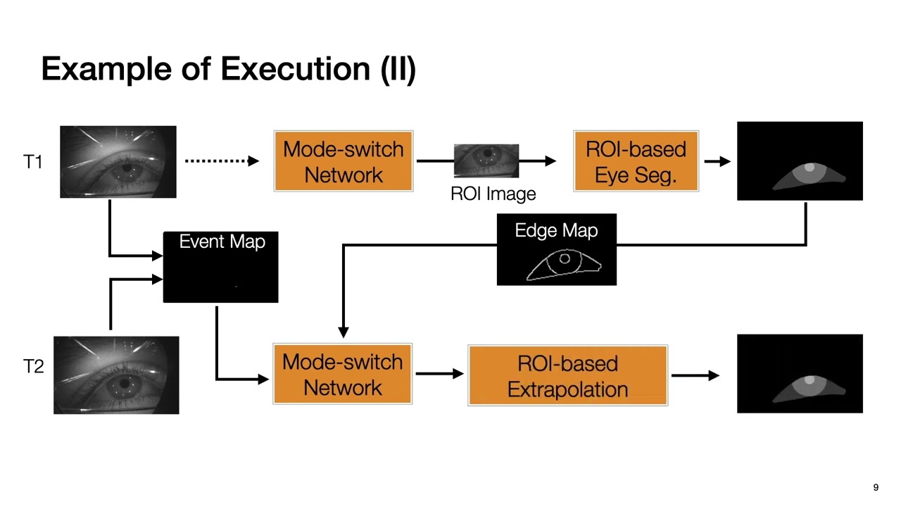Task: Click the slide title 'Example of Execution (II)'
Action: click(228, 69)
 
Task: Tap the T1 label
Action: click(33, 162)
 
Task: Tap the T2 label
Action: click(33, 366)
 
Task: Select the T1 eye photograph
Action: click(118, 162)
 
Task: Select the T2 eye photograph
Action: click(116, 375)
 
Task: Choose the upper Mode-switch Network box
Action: click(344, 161)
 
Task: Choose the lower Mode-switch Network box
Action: click(342, 374)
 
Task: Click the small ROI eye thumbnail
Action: click(486, 161)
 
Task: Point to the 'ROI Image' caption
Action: click(493, 194)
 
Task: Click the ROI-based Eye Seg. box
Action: click(636, 161)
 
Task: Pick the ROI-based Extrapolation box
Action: click(567, 375)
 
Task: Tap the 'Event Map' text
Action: click(222, 242)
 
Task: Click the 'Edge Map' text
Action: click(556, 230)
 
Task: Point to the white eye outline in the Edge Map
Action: click(564, 266)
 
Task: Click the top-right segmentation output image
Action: click(800, 161)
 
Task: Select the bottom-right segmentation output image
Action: click(800, 374)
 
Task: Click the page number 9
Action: click(876, 487)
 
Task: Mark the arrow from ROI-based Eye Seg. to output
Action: click(717, 161)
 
